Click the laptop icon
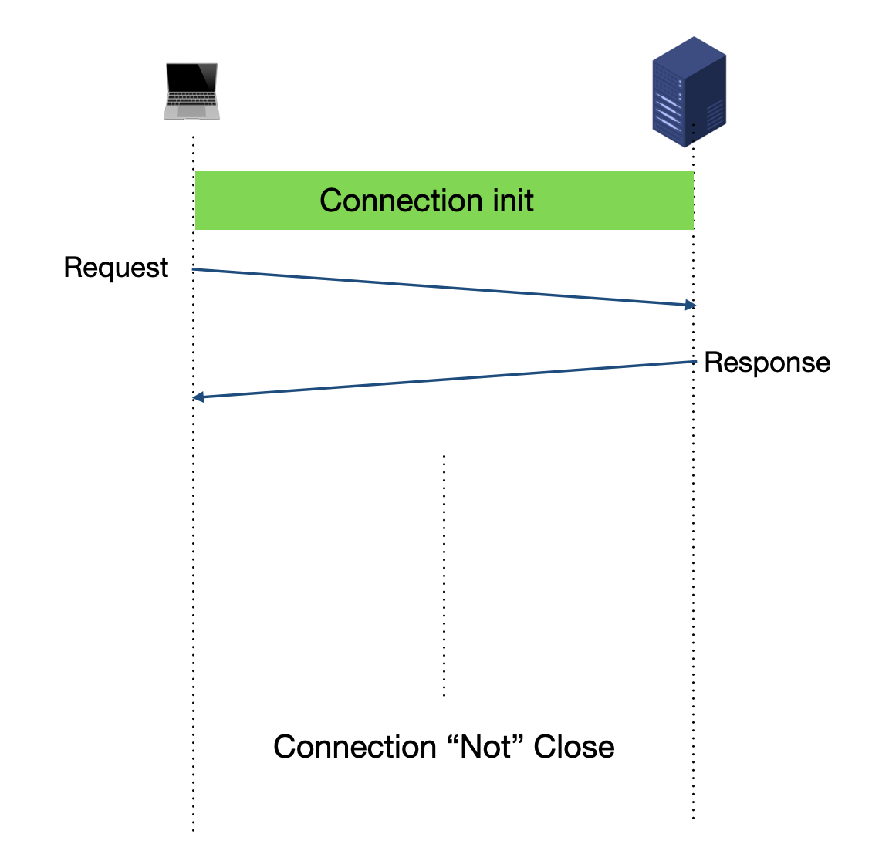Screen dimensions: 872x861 (192, 91)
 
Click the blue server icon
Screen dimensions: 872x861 (689, 92)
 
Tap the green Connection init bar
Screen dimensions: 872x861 (444, 200)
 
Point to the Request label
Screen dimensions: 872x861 (116, 268)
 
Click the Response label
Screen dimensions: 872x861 (768, 363)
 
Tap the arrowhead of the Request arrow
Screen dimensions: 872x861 (691, 305)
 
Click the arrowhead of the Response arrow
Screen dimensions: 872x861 (198, 397)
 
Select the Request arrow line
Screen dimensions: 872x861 (444, 287)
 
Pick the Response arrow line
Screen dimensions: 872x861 (444, 380)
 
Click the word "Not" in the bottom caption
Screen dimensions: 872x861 (485, 746)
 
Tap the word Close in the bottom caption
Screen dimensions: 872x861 (574, 747)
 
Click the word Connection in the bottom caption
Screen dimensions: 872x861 (355, 747)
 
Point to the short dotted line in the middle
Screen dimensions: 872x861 (444, 576)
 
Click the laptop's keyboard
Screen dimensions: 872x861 (192, 99)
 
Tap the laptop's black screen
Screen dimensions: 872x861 (192, 77)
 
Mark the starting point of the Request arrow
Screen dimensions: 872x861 (193, 269)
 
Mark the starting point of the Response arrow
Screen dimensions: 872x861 (696, 361)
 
